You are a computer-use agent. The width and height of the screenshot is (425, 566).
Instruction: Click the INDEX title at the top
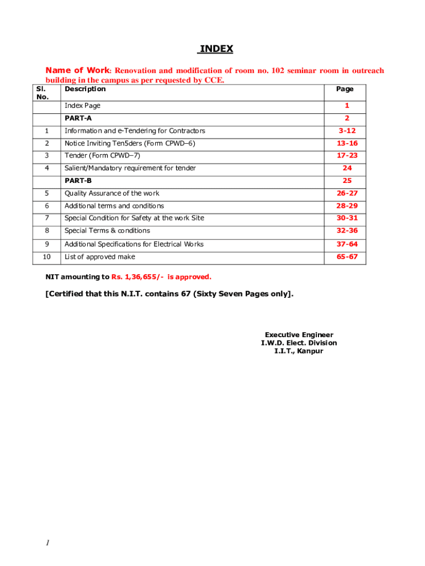[x=216, y=49]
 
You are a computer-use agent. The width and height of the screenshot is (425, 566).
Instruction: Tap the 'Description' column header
[x=85, y=89]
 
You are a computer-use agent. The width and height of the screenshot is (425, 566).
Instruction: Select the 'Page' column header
[x=345, y=89]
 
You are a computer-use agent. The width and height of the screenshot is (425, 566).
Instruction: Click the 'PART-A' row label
[x=78, y=118]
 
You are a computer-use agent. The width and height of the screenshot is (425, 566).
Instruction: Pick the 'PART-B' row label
[x=78, y=181]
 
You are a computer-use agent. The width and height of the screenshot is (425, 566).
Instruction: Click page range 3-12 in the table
[x=348, y=131]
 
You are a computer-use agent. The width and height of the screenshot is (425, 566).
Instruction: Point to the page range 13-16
[x=348, y=143]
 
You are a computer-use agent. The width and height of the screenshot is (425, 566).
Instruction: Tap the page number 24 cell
[x=347, y=168]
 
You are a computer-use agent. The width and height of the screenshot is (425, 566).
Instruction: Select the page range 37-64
[x=348, y=244]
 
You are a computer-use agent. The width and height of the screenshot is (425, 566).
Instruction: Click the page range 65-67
[x=348, y=256]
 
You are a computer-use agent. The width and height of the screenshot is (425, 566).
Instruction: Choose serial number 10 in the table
[x=46, y=256]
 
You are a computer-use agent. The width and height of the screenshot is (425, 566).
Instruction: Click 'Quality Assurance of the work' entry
[x=112, y=193]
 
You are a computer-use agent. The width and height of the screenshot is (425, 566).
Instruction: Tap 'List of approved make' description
[x=100, y=256]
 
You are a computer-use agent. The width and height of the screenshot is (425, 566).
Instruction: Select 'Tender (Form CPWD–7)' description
[x=99, y=156]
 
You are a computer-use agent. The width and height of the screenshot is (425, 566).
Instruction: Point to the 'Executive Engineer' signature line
[x=299, y=335]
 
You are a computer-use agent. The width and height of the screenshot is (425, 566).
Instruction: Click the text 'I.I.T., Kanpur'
[x=299, y=351]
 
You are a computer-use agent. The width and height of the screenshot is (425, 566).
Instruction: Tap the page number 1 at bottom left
[x=48, y=543]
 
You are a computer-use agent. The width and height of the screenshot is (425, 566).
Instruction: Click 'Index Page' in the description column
[x=83, y=106]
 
